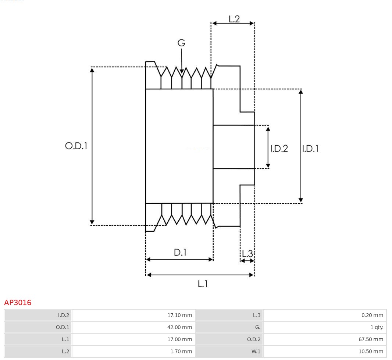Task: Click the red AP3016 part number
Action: pyautogui.click(x=18, y=303)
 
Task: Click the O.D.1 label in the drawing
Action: pyautogui.click(x=76, y=146)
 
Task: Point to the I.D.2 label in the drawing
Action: pyautogui.click(x=279, y=149)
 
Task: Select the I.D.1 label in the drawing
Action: pyautogui.click(x=310, y=149)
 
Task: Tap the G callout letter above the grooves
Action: pyautogui.click(x=181, y=43)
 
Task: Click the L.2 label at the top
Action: pyautogui.click(x=234, y=19)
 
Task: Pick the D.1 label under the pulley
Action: pyautogui.click(x=180, y=253)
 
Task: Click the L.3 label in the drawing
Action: pyautogui.click(x=247, y=254)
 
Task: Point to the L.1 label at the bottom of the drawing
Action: pyautogui.click(x=203, y=284)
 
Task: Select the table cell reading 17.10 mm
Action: pyautogui.click(x=179, y=315)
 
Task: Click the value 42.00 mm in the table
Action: pyautogui.click(x=179, y=327)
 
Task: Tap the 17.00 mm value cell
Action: pyautogui.click(x=179, y=339)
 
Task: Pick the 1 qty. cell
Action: pyautogui.click(x=377, y=327)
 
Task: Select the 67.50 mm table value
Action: pyautogui.click(x=371, y=339)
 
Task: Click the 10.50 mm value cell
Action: pyautogui.click(x=371, y=352)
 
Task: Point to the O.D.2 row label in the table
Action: pyautogui.click(x=253, y=339)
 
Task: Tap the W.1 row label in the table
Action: pyautogui.click(x=256, y=352)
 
